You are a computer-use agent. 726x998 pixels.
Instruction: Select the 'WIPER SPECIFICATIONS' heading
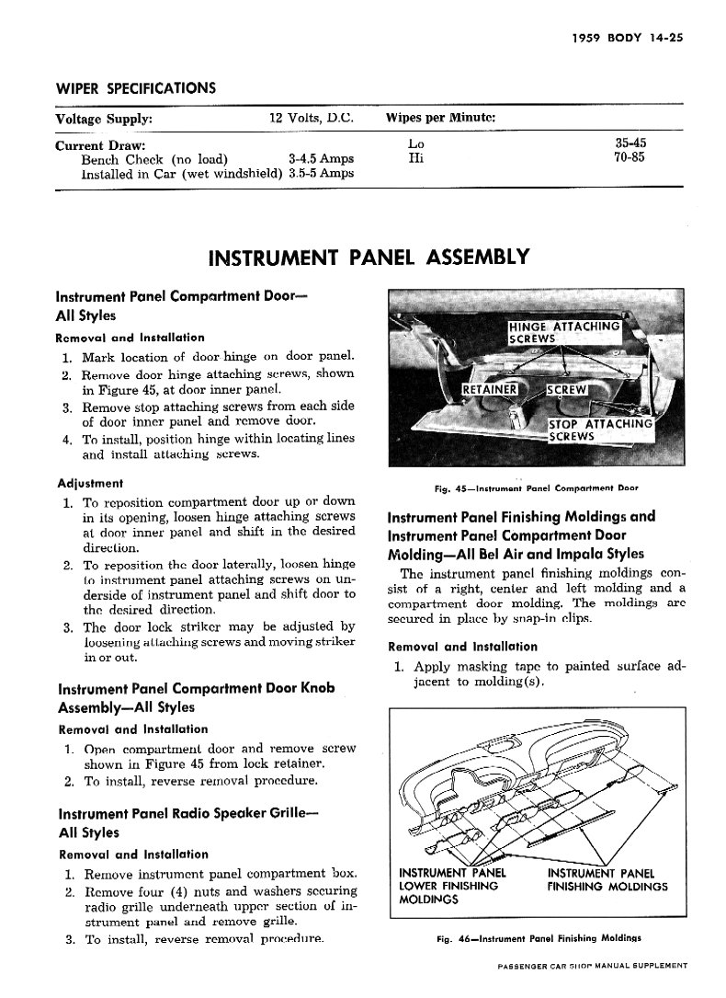(136, 89)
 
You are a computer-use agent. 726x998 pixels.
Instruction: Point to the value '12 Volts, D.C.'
(311, 119)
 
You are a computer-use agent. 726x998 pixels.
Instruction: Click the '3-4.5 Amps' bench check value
(321, 158)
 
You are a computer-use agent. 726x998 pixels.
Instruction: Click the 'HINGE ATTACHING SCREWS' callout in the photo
(564, 332)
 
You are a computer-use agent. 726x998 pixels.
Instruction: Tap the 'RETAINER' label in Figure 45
(489, 389)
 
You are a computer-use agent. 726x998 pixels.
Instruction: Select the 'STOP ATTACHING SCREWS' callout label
(599, 430)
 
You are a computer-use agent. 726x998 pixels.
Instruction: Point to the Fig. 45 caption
(537, 488)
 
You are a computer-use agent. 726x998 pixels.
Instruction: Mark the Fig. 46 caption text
(539, 939)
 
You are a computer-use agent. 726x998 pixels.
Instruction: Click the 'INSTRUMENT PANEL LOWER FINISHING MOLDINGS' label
(448, 886)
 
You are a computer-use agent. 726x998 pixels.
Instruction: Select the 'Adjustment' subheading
(90, 483)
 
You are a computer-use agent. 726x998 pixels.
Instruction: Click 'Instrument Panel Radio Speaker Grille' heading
(175, 815)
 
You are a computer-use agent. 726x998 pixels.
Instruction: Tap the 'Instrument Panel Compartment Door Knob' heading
(195, 689)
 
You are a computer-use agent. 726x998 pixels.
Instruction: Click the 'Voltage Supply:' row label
(104, 119)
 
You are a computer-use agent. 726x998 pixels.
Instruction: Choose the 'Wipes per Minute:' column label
(442, 119)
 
